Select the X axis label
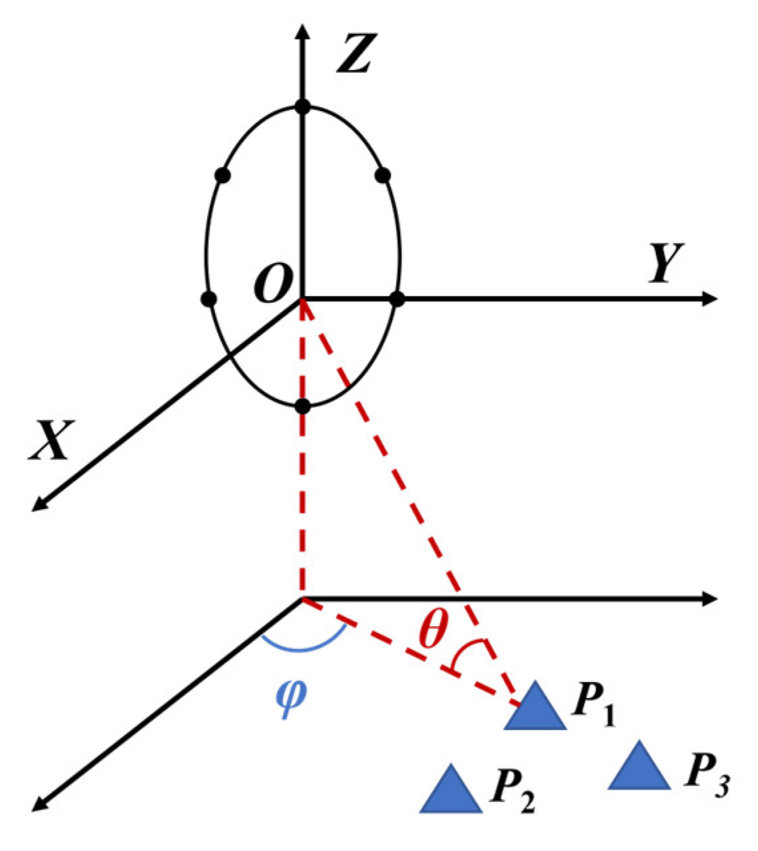click(x=51, y=440)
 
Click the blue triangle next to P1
click(x=535, y=709)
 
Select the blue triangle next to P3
click(x=639, y=768)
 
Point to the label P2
click(x=512, y=792)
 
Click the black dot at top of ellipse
click(x=303, y=106)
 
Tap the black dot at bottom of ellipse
click(x=303, y=405)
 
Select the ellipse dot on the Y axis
click(x=397, y=299)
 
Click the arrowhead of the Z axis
click(x=303, y=32)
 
